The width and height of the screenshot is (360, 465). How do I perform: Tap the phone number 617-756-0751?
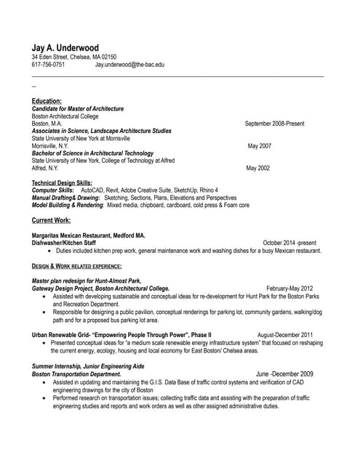coord(48,64)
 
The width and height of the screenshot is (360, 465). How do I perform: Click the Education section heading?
coord(47,100)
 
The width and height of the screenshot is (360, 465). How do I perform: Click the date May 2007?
coord(259,145)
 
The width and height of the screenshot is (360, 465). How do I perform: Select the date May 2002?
coord(257,168)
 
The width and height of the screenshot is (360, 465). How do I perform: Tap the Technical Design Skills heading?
coord(63,182)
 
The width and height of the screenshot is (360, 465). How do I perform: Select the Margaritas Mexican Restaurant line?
coord(89,235)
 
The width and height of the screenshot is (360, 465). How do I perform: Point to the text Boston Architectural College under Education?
coord(65,116)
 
